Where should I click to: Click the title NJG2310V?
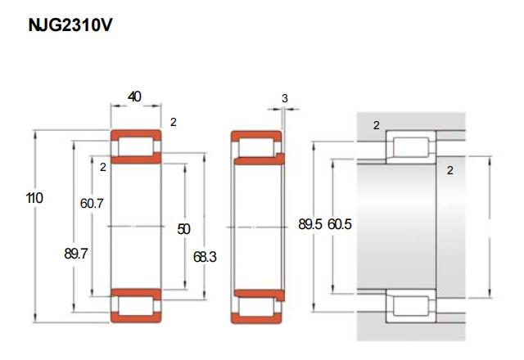point(70,25)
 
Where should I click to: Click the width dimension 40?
point(134,97)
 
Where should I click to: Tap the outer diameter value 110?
point(34,198)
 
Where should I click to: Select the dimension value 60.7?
point(92,203)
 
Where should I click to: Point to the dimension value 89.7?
point(76,254)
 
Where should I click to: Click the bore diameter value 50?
point(183,229)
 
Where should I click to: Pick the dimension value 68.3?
point(205,257)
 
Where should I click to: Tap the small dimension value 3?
point(285,98)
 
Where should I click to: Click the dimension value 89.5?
point(310,224)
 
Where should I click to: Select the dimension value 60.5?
point(340,224)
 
